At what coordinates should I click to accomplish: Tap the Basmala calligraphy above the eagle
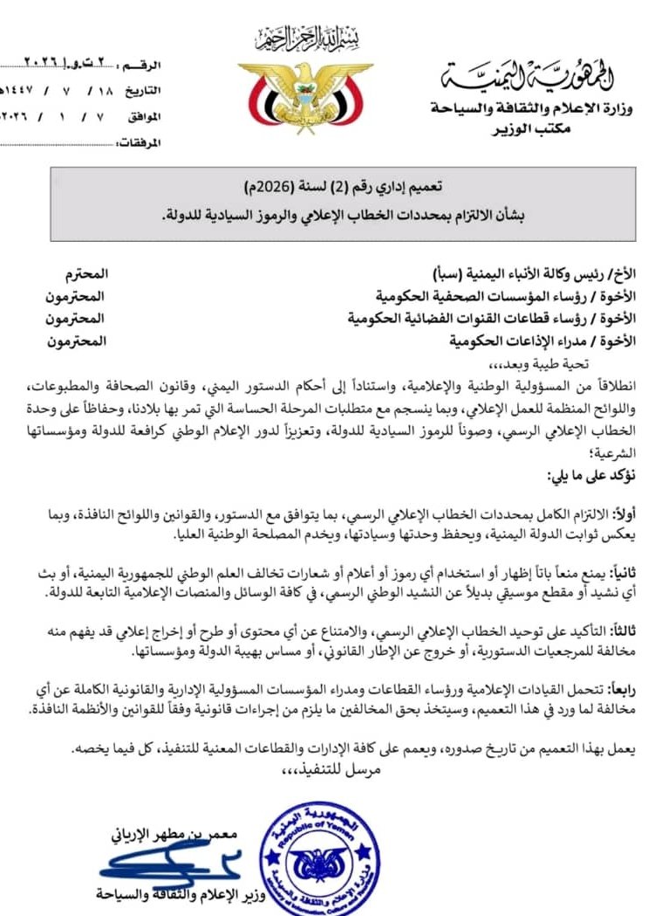tap(306, 40)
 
